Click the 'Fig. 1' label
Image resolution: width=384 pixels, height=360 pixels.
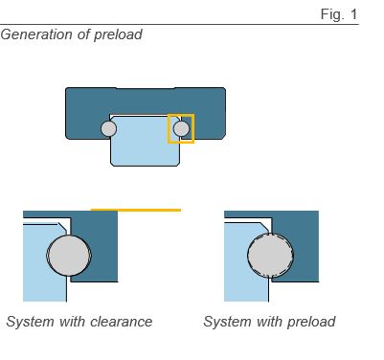339,14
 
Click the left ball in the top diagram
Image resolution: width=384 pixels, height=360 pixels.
109,128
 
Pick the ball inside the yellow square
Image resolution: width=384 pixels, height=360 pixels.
181,128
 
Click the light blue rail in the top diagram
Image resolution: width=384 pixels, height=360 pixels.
145,144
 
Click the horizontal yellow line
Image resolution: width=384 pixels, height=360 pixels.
135,209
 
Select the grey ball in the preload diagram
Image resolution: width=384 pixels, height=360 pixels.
267,257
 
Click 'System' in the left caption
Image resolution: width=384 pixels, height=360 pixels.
30,322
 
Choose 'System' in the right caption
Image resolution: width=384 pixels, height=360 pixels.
227,322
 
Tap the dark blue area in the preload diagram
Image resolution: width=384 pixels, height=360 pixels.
302,239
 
